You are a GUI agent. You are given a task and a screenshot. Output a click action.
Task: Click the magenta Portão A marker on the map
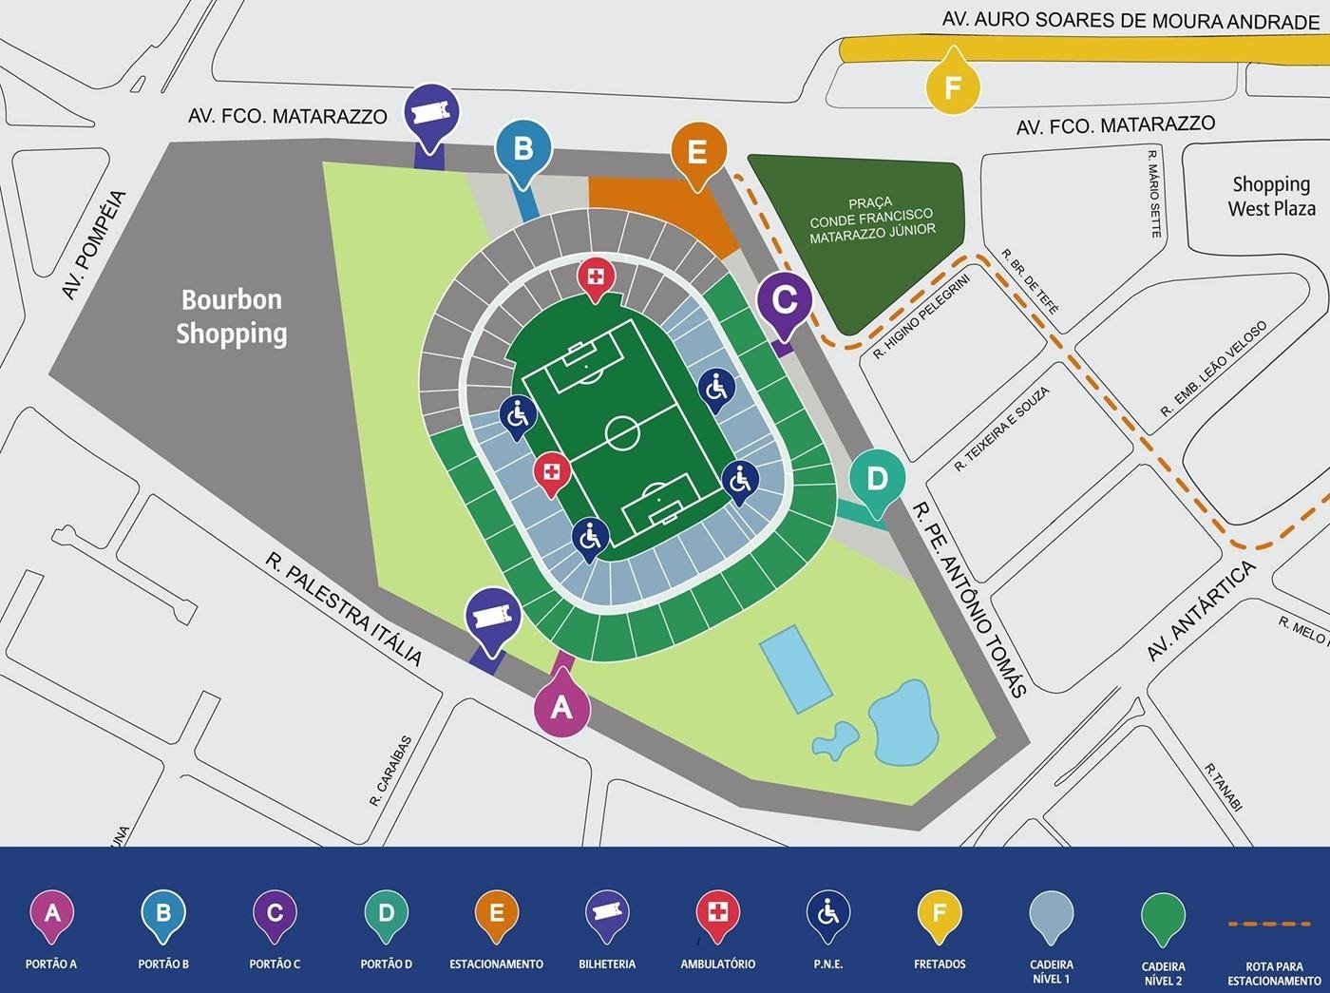[561, 706]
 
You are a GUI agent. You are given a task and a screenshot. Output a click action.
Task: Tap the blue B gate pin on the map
[522, 149]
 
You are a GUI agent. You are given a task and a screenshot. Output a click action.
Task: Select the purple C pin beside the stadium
[784, 299]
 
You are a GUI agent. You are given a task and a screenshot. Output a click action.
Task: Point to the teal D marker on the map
[876, 478]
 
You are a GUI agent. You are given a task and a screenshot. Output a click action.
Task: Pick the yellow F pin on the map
[952, 87]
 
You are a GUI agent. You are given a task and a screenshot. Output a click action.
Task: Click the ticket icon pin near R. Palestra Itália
[491, 617]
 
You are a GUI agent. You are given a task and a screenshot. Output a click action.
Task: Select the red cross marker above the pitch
[596, 277]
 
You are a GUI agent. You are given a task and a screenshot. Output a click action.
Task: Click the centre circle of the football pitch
[622, 431]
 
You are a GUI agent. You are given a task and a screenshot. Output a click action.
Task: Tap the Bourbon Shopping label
[232, 316]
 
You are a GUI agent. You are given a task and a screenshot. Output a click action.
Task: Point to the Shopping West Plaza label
[1271, 196]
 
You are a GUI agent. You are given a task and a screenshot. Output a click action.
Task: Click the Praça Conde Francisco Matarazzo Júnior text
[871, 220]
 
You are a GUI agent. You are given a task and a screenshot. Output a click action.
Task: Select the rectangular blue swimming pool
[795, 669]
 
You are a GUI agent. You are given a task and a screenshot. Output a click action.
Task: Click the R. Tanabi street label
[1223, 787]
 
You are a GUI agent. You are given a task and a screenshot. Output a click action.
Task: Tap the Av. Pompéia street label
[94, 245]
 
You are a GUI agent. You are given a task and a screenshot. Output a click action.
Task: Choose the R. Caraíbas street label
[391, 771]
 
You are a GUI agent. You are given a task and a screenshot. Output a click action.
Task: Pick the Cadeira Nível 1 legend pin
[1051, 916]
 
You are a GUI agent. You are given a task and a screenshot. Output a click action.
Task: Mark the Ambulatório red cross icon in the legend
[717, 913]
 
